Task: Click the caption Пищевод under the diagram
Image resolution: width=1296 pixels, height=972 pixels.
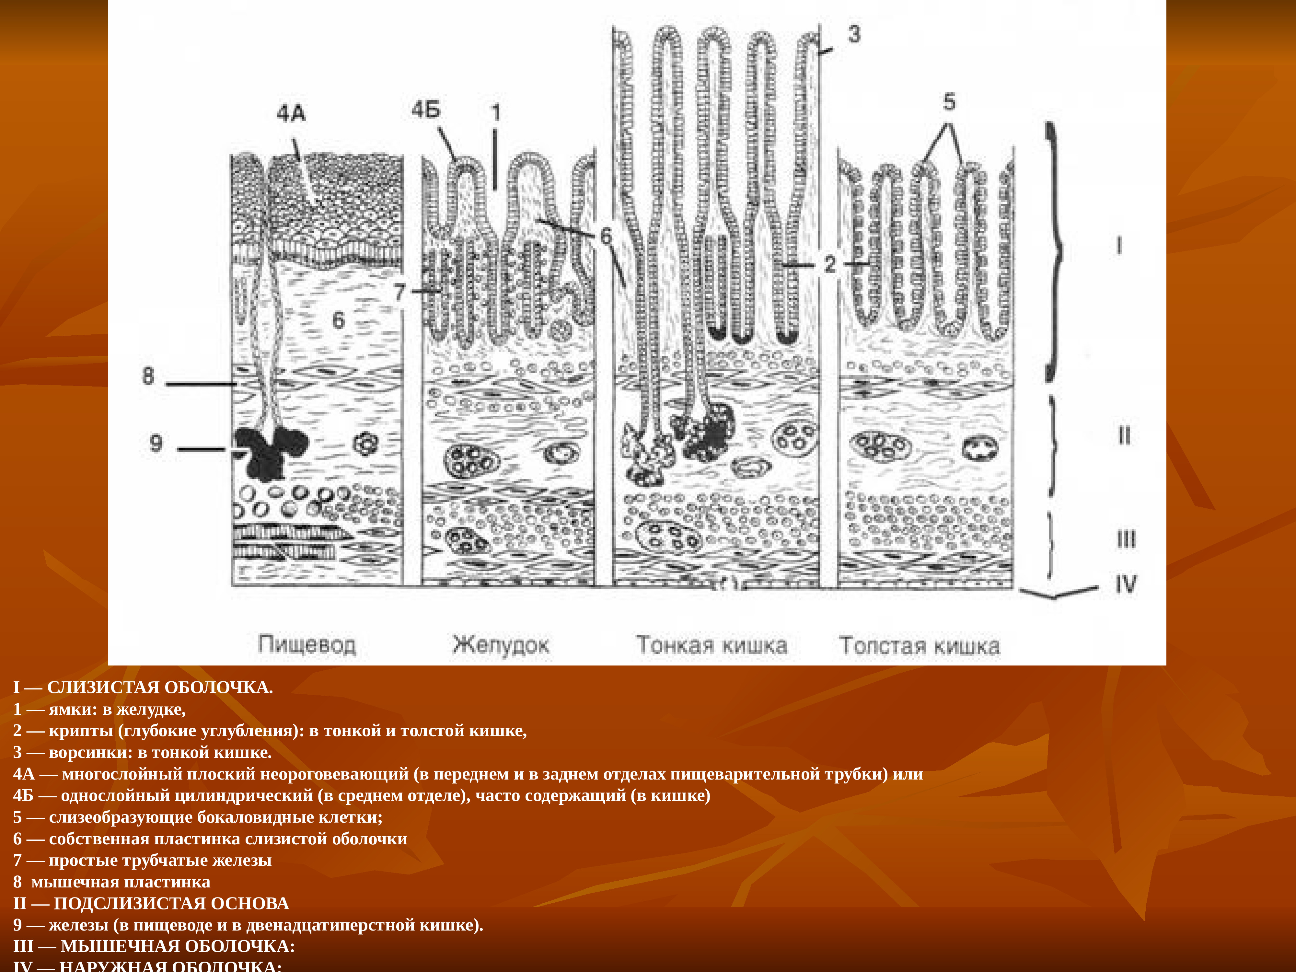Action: [x=307, y=645]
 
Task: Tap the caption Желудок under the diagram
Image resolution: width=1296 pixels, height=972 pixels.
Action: [x=501, y=645]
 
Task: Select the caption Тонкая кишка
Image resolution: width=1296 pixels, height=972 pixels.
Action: [x=712, y=645]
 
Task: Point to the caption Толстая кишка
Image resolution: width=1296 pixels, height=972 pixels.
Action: [x=919, y=646]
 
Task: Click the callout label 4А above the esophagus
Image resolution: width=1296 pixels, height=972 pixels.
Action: [x=291, y=113]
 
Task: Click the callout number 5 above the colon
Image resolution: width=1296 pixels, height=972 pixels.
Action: [x=949, y=102]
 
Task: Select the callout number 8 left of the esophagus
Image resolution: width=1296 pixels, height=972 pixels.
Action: [x=148, y=376]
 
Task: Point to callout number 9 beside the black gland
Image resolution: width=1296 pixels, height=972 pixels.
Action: [x=156, y=442]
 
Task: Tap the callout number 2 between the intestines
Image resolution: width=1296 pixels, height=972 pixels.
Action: [x=830, y=264]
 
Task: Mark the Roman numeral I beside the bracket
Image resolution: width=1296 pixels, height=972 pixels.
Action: [x=1119, y=246]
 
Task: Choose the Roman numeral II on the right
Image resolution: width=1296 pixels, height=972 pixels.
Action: [x=1124, y=435]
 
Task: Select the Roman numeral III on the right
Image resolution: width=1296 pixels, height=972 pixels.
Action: [x=1126, y=539]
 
